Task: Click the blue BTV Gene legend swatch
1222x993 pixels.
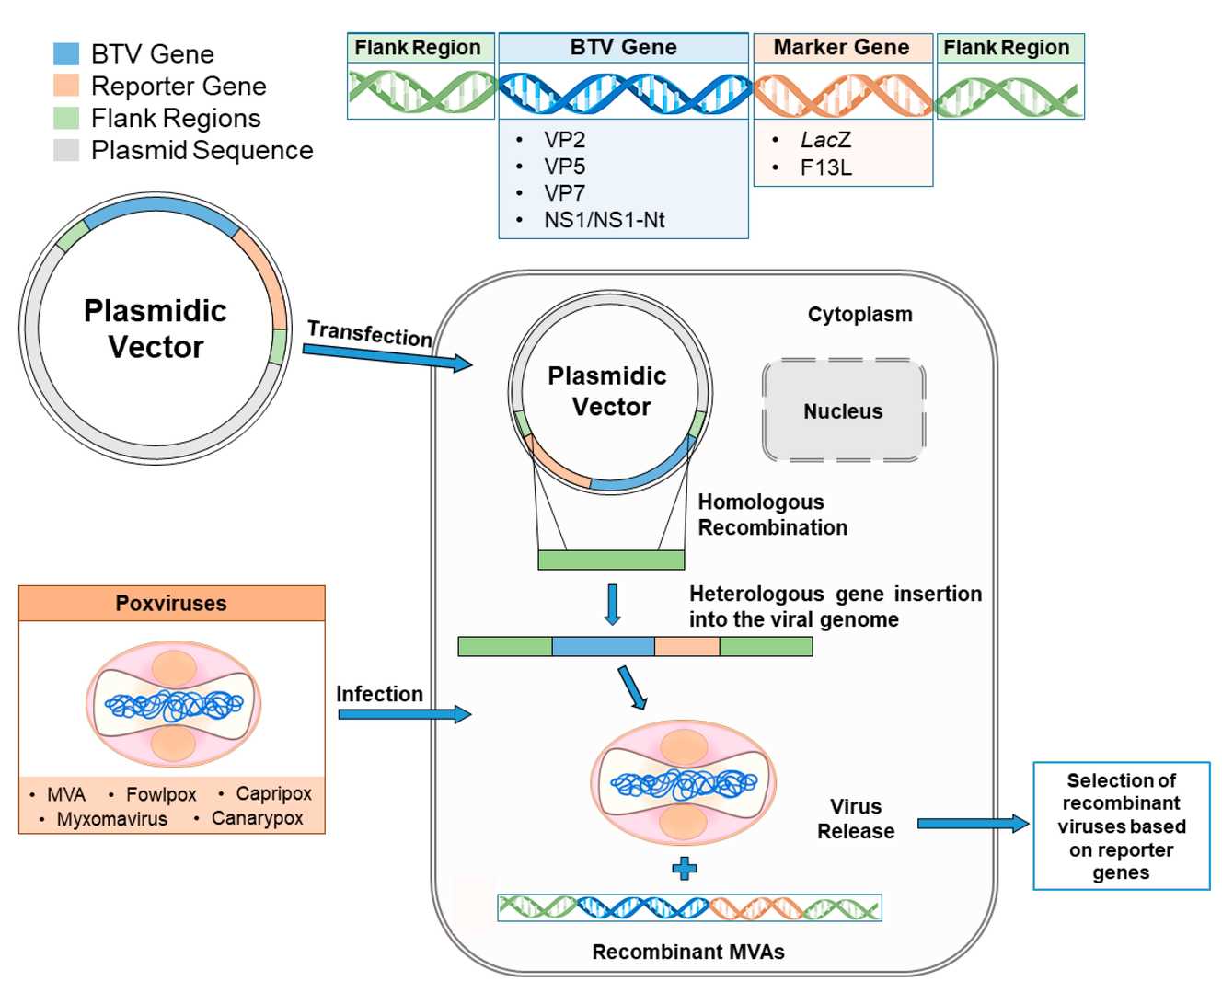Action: tap(66, 53)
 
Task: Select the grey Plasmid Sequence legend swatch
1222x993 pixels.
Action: tap(66, 150)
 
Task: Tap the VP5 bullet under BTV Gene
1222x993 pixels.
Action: tap(564, 167)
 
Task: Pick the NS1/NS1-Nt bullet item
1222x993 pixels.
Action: tap(604, 220)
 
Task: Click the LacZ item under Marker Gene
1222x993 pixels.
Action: tap(825, 140)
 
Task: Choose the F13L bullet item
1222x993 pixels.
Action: tap(825, 167)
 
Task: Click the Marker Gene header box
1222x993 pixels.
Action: tap(842, 48)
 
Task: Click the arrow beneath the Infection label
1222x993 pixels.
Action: tap(404, 714)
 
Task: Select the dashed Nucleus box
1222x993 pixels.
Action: tap(843, 410)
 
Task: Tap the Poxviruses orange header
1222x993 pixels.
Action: tap(171, 604)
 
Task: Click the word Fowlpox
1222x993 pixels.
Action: tap(161, 794)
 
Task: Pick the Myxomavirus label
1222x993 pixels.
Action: tap(111, 819)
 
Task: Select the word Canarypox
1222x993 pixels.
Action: tap(257, 818)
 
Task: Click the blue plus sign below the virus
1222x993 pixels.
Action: tap(684, 868)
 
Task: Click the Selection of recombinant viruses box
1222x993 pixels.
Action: tap(1121, 826)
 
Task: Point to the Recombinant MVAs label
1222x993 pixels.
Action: tap(687, 952)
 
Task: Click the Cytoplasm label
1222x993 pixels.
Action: tap(859, 315)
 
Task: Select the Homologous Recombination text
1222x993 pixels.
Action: tap(772, 514)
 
